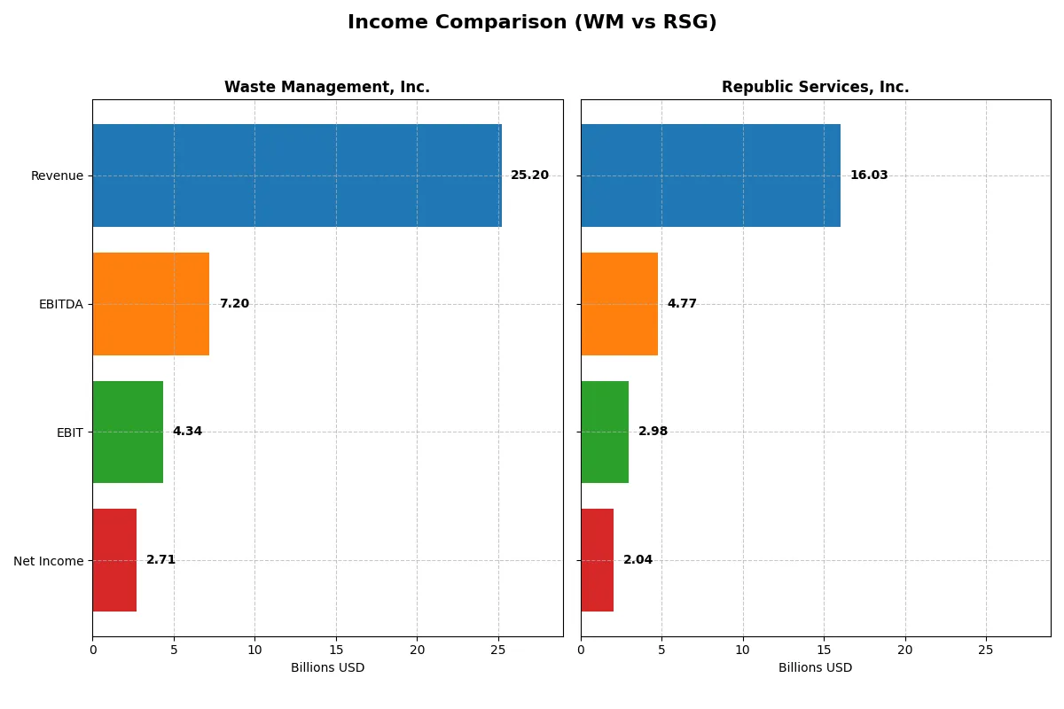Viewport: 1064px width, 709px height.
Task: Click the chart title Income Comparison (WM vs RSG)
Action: [x=532, y=23]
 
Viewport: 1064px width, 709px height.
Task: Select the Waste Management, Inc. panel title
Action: [x=326, y=87]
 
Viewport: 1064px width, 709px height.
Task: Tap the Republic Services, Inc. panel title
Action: [x=815, y=87]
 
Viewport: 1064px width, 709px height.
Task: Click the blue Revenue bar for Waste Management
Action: [x=297, y=175]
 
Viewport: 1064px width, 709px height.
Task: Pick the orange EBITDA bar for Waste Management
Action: [x=151, y=304]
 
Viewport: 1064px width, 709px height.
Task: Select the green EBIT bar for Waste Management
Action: [x=128, y=432]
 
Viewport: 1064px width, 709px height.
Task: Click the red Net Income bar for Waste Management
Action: [x=114, y=560]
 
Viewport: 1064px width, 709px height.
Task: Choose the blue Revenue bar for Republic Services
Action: [x=710, y=175]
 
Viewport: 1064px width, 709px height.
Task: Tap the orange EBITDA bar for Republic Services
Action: [x=619, y=304]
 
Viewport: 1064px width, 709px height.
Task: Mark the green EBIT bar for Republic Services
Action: [x=605, y=432]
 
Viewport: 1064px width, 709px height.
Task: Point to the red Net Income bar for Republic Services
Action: [x=597, y=560]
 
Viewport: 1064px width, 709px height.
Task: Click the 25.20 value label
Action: [x=529, y=175]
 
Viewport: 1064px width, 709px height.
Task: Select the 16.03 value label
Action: [x=868, y=175]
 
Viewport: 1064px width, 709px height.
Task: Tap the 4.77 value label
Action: [x=682, y=304]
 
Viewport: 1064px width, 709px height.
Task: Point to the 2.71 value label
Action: [x=160, y=560]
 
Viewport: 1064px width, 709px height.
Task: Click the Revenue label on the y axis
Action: [x=57, y=175]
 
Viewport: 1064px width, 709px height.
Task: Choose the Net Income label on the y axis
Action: [x=48, y=561]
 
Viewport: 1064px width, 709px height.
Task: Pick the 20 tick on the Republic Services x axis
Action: [x=904, y=651]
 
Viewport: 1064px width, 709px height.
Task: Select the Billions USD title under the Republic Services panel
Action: [x=815, y=668]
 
